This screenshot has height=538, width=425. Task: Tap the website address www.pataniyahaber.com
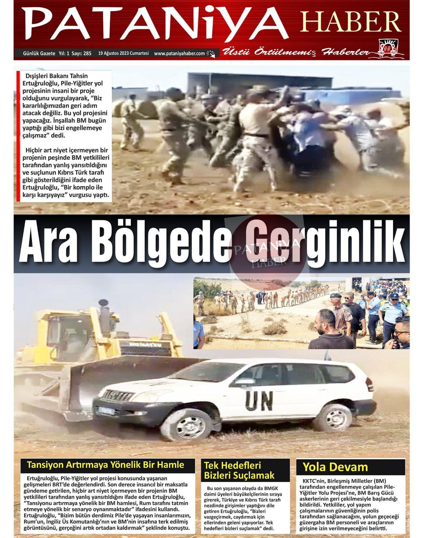(179, 53)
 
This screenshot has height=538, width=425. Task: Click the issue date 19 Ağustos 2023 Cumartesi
(124, 53)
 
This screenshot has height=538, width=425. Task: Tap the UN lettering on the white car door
(259, 401)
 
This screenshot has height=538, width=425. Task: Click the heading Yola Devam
(335, 467)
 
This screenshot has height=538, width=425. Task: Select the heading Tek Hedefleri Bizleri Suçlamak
(239, 470)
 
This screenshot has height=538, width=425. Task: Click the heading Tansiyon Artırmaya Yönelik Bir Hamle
(105, 465)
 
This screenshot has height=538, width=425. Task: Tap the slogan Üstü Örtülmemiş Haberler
(296, 52)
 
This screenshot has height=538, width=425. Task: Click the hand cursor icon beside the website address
(211, 54)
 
